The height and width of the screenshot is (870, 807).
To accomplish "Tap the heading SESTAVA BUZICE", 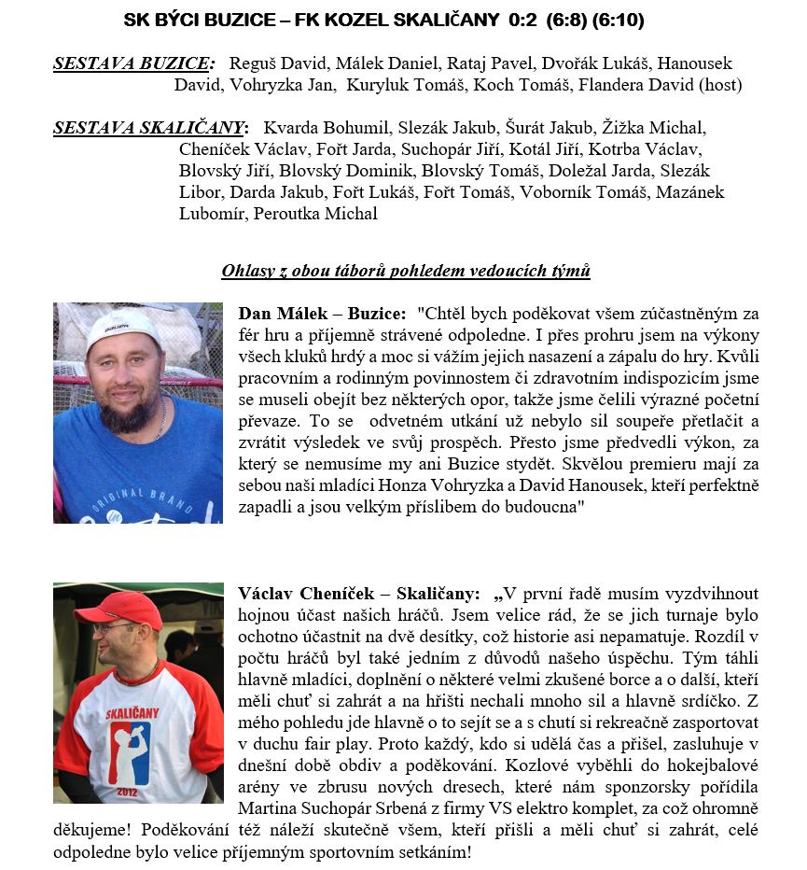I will click(133, 64).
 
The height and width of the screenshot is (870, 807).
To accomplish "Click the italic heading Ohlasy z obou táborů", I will click(405, 272).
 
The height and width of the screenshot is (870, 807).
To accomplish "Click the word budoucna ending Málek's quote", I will click(546, 507).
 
